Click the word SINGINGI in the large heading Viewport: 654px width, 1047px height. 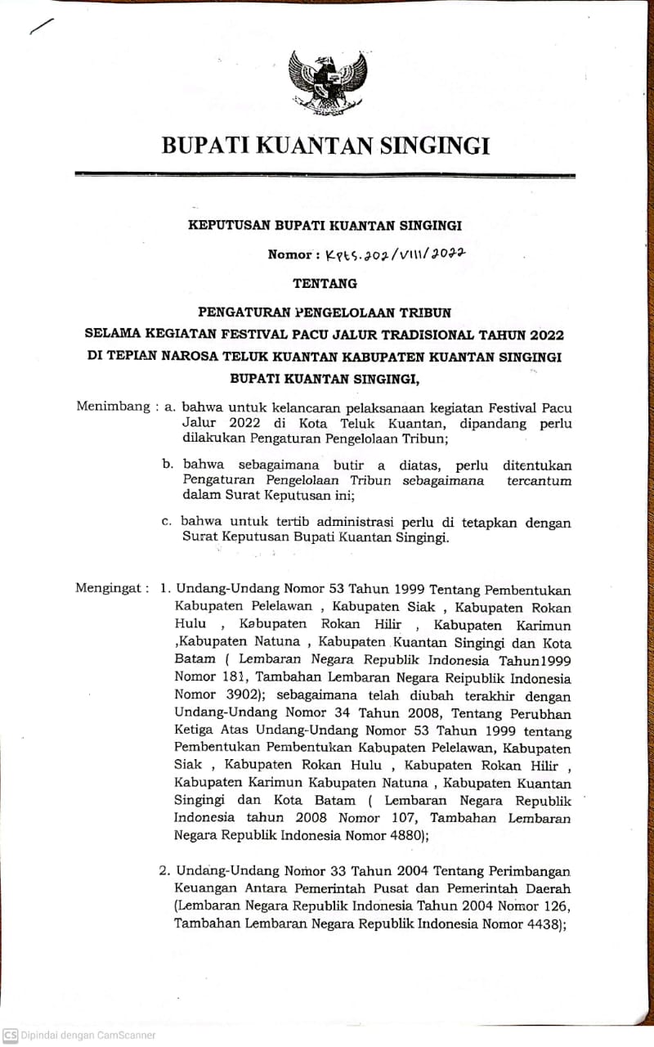click(x=433, y=146)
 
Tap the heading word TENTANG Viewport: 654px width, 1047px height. click(x=325, y=283)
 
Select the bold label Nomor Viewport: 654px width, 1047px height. click(x=289, y=254)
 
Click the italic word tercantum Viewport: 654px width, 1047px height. click(x=539, y=481)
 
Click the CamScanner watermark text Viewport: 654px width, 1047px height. click(x=79, y=1035)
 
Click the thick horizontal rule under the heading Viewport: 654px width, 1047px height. click(x=325, y=174)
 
